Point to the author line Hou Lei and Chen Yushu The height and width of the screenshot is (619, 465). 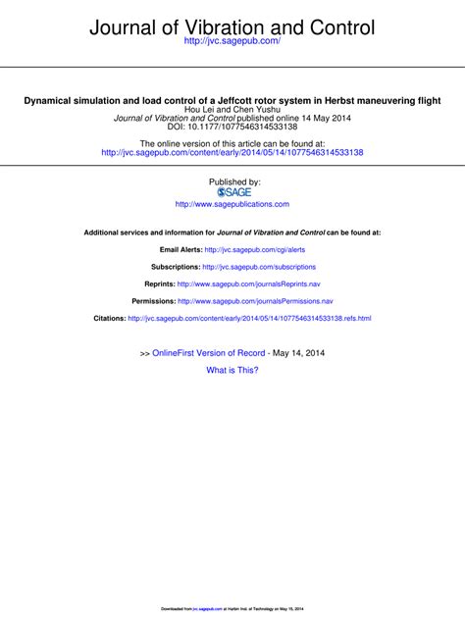tap(232, 109)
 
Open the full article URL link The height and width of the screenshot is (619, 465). tap(232, 152)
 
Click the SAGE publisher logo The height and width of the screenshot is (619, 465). tap(232, 191)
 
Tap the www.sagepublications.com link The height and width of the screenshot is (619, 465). tap(232, 204)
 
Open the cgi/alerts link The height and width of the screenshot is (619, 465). tap(255, 250)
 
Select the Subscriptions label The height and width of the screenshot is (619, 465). tap(176, 267)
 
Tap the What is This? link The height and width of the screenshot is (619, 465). tap(232, 370)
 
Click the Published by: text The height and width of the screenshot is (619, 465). tap(232, 181)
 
